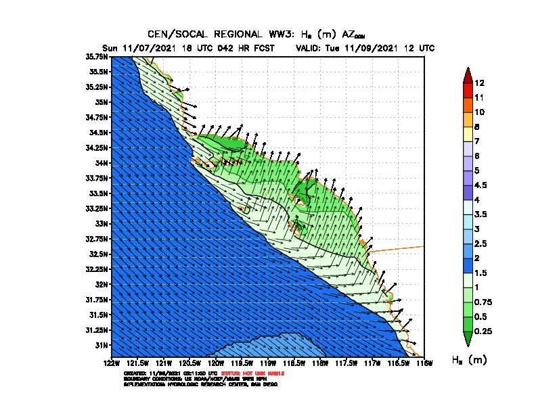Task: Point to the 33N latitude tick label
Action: (102, 223)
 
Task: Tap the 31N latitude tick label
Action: (102, 345)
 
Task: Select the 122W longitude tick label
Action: (112, 363)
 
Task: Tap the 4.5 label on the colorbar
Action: (481, 185)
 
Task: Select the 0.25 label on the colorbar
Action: (483, 331)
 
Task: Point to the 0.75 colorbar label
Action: (483, 302)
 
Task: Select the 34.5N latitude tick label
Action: (99, 132)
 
